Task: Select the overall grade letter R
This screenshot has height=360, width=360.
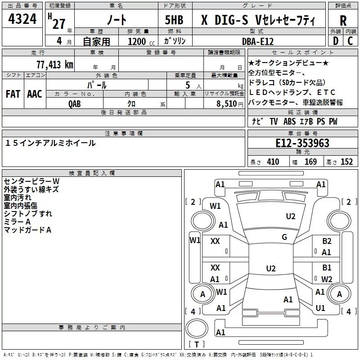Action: tap(343, 21)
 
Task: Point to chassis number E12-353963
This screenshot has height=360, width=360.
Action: tap(302, 144)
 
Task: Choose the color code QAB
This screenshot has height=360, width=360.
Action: tap(74, 103)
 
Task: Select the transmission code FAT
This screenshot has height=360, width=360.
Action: tap(13, 94)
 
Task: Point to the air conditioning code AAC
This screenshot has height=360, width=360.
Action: tap(34, 94)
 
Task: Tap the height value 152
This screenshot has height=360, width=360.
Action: tap(346, 162)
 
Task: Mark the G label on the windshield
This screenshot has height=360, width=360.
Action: tap(284, 237)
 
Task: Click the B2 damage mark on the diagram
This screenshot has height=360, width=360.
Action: tap(327, 241)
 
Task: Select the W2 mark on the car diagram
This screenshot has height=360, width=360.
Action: tap(327, 279)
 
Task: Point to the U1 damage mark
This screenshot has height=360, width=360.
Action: tap(320, 308)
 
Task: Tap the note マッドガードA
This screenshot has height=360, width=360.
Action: tap(27, 230)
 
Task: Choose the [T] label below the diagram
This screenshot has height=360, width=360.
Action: tap(196, 345)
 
